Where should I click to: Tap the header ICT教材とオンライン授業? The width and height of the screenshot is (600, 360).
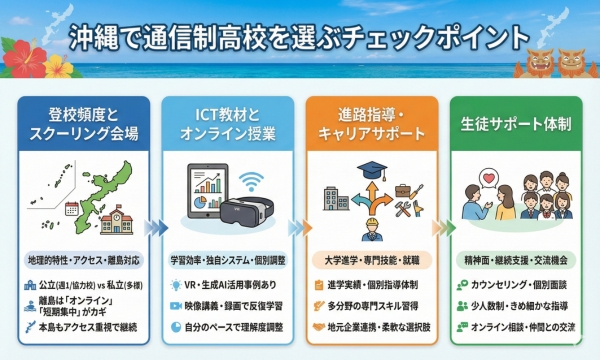tap(227, 122)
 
